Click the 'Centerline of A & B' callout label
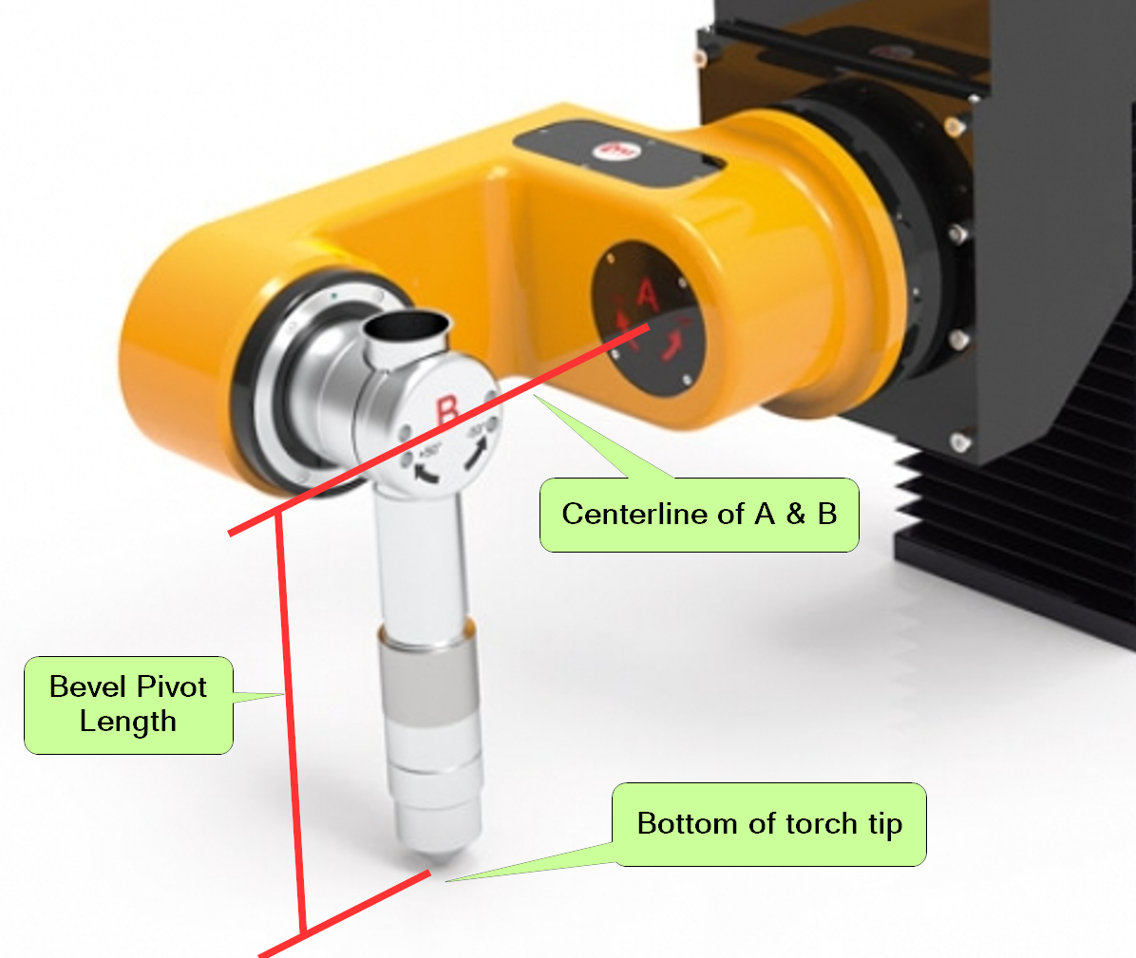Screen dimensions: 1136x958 click(699, 515)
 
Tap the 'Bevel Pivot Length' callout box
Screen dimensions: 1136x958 click(128, 704)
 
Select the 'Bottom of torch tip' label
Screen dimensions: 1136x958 click(769, 824)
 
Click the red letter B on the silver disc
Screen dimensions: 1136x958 click(447, 410)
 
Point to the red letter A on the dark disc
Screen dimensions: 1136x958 click(647, 296)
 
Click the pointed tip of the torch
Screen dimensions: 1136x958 click(432, 863)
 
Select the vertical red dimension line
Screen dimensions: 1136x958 click(291, 722)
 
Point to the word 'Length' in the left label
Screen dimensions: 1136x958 click(128, 722)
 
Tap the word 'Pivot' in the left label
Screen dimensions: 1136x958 click(172, 686)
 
